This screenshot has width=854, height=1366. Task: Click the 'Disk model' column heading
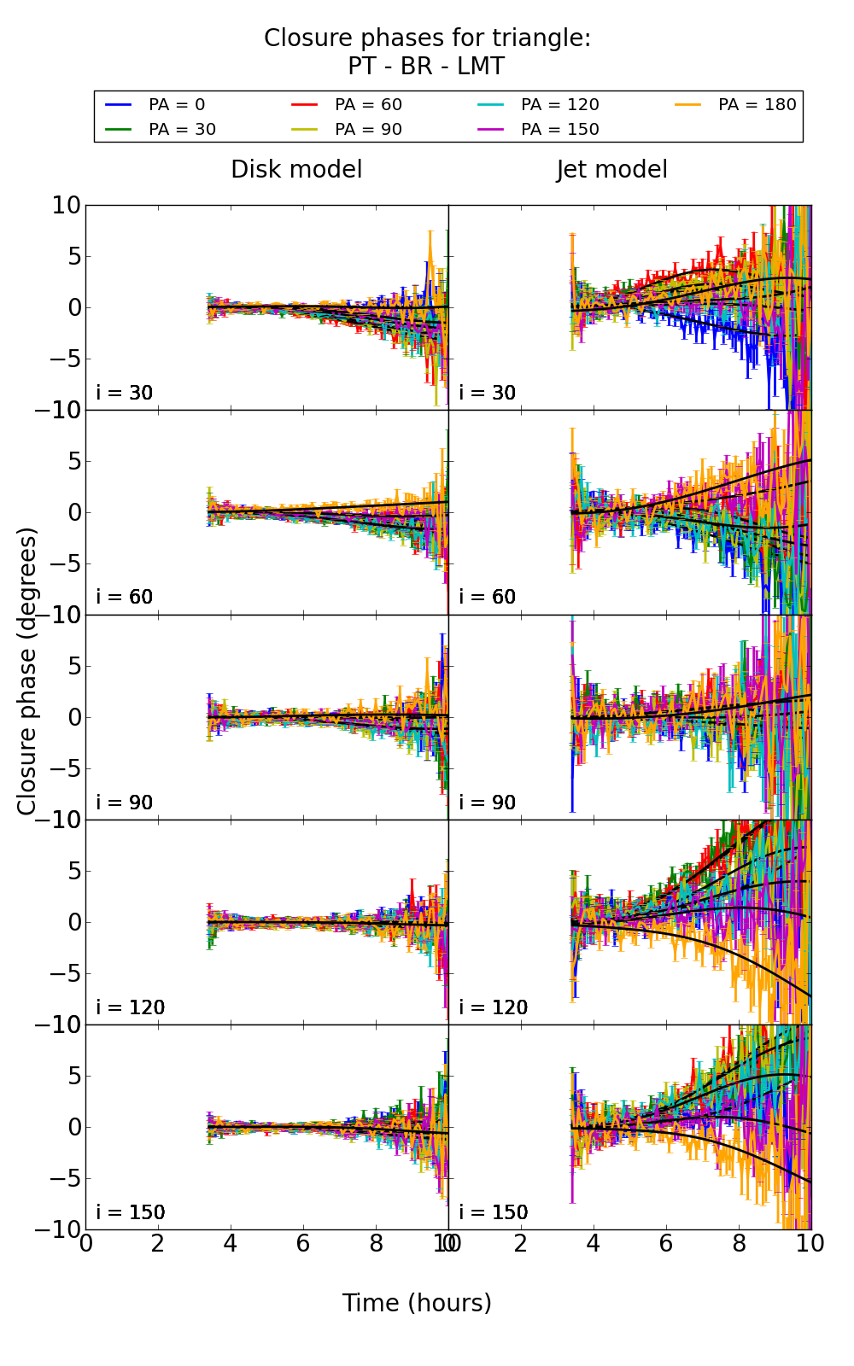296,170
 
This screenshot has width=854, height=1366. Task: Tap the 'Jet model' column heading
611,170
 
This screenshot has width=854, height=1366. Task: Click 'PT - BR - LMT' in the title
426,67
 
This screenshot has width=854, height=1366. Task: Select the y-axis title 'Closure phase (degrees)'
27,671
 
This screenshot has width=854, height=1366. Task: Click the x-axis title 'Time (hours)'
417,1303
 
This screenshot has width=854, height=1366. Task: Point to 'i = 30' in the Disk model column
125,394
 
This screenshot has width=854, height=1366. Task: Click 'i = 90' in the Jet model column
488,803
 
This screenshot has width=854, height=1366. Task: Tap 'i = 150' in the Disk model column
131,1212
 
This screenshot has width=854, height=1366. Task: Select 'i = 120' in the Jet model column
494,1007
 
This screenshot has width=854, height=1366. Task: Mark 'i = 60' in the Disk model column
125,598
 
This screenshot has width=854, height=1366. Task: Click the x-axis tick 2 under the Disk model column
158,1244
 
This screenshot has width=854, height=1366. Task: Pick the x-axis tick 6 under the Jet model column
666,1244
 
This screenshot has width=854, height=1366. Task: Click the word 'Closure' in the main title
305,38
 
